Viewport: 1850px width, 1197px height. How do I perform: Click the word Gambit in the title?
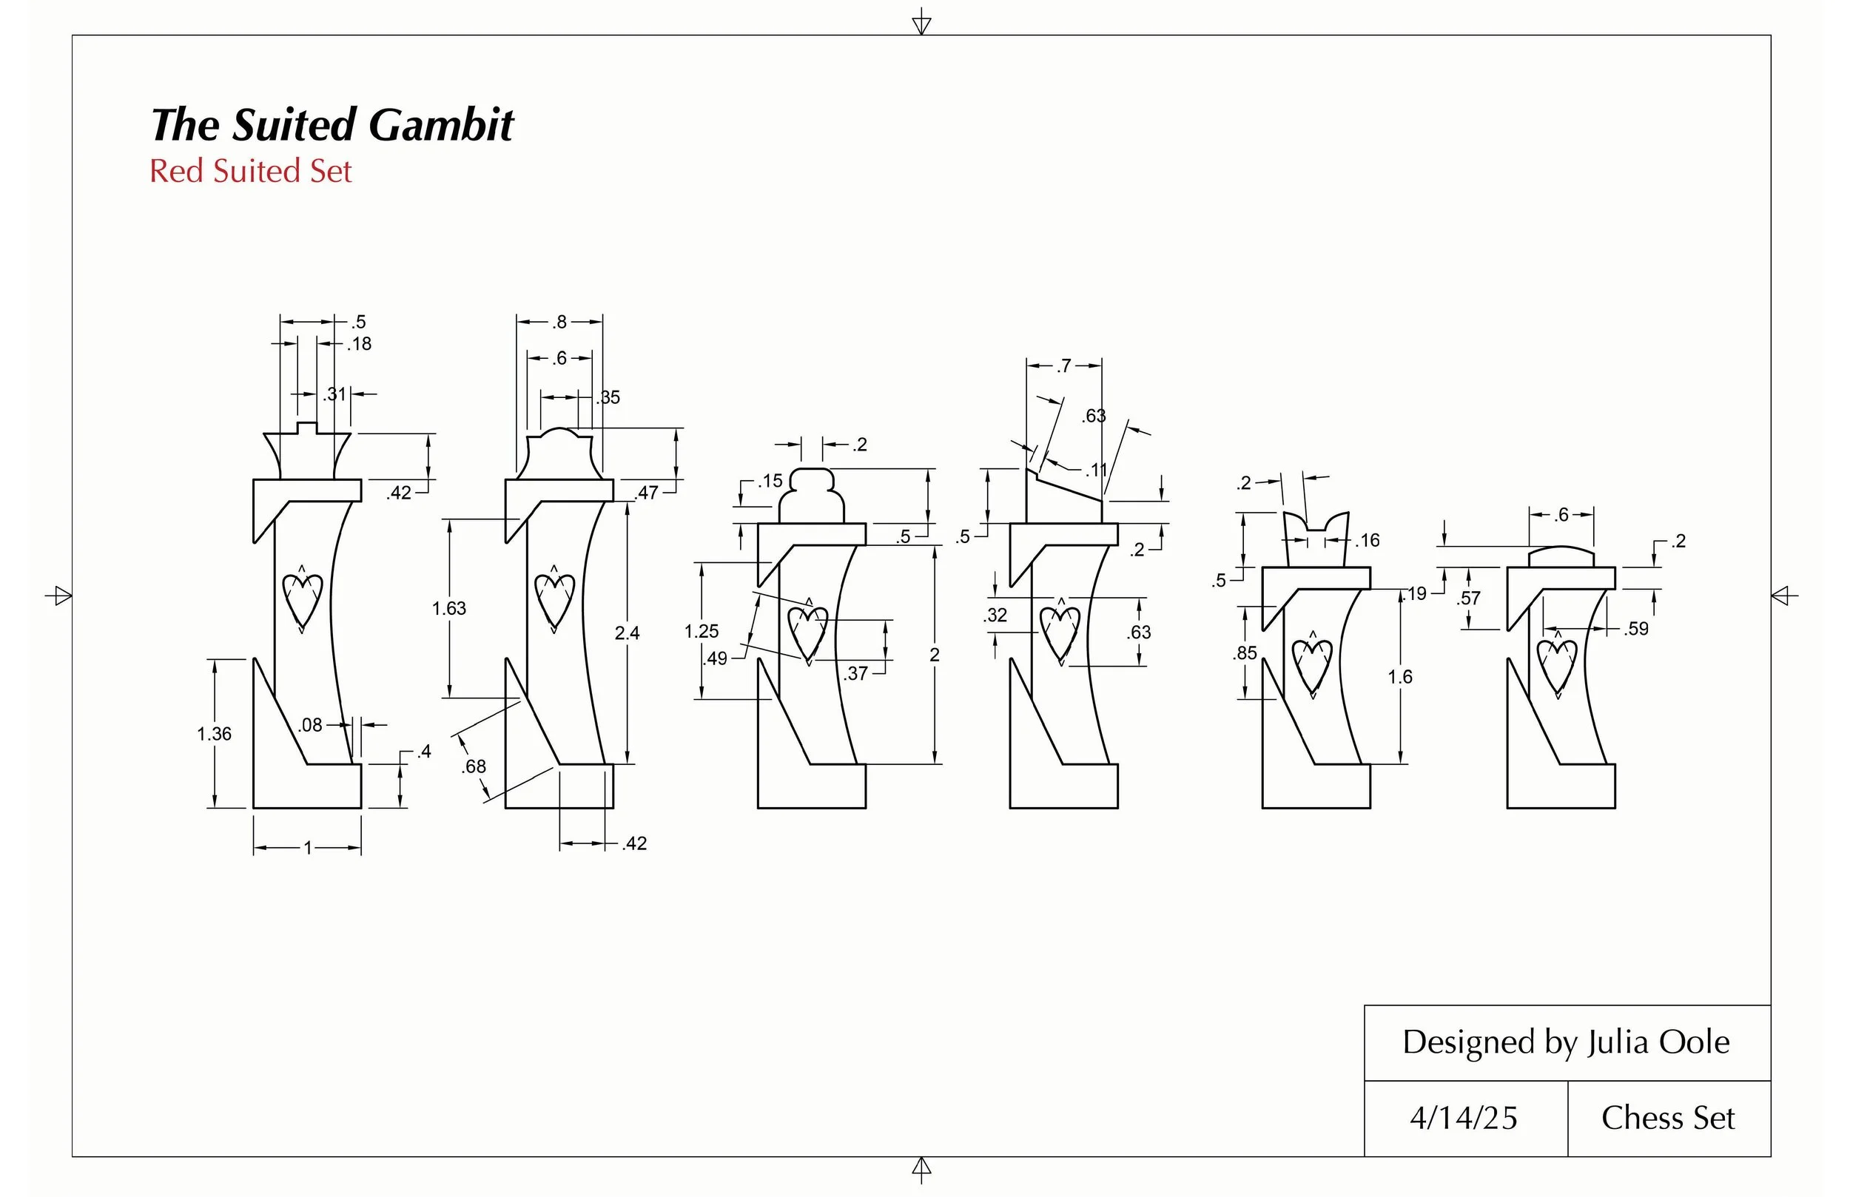point(441,125)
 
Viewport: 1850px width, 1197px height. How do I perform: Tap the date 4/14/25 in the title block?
point(1463,1118)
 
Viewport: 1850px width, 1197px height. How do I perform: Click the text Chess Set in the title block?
point(1668,1118)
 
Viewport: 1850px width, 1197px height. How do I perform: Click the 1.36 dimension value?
point(214,734)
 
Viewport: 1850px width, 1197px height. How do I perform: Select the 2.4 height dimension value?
point(627,633)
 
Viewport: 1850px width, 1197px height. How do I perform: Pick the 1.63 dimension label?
point(448,609)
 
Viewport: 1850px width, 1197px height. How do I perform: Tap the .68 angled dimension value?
point(474,766)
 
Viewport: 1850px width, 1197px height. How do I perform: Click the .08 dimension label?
point(310,725)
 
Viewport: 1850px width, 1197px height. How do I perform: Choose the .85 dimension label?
point(1245,653)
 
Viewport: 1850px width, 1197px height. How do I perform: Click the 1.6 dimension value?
point(1400,677)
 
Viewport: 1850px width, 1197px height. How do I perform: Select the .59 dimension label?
point(1635,629)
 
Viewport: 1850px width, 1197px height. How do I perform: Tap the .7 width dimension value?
point(1063,365)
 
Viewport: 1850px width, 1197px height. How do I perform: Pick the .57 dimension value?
point(1468,598)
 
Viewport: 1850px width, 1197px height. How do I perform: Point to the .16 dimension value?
point(1368,540)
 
